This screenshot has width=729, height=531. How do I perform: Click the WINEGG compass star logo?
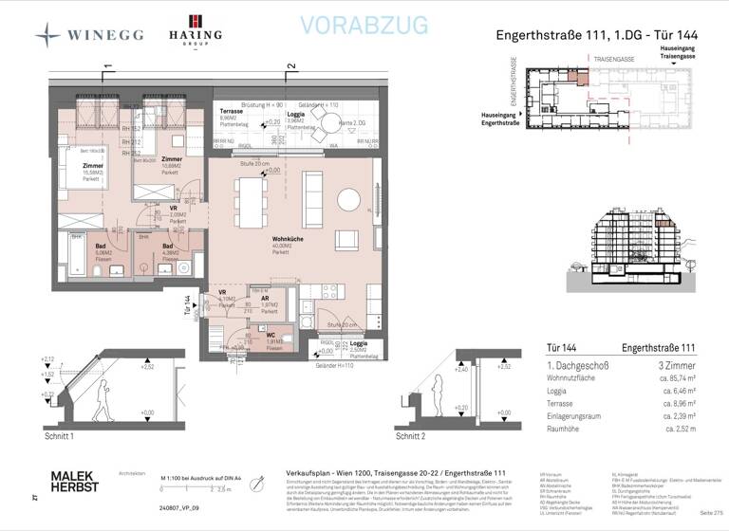48,35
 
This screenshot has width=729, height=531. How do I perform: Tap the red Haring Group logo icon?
195,22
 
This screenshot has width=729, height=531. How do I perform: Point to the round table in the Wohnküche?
347,199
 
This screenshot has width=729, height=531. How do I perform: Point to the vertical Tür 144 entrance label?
188,304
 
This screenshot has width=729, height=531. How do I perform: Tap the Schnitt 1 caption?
60,439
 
